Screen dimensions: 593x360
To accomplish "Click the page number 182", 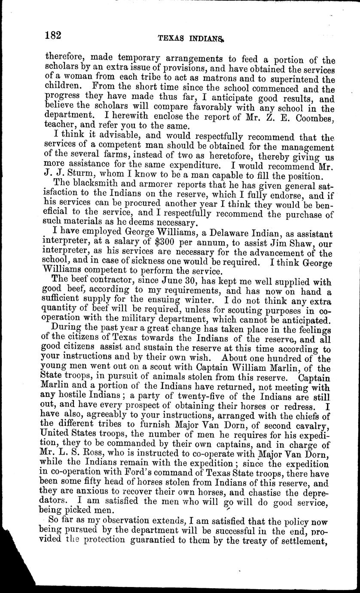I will click(54, 36).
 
